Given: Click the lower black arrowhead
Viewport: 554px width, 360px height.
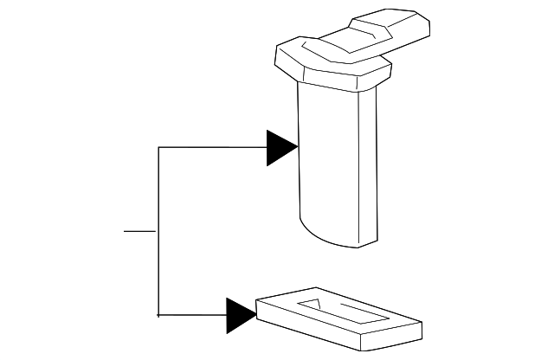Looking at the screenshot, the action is pyautogui.click(x=240, y=315).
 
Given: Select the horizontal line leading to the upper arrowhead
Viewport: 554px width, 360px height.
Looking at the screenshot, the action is pyautogui.click(x=212, y=147).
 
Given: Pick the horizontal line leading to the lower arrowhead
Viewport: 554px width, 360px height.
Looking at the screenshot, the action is pyautogui.click(x=192, y=315).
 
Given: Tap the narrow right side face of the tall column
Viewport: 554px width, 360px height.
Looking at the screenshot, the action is pyautogui.click(x=367, y=164).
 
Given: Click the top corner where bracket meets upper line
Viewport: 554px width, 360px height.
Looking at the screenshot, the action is pyautogui.click(x=158, y=147).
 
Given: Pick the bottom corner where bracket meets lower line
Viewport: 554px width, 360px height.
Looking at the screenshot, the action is pyautogui.click(x=158, y=315).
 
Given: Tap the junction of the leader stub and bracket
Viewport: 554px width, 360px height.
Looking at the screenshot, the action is pyautogui.click(x=158, y=232).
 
